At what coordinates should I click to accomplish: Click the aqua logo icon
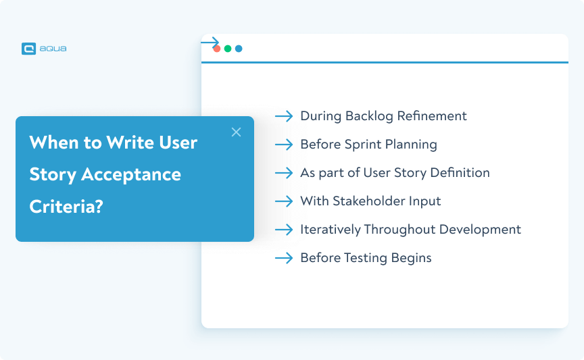click(28, 49)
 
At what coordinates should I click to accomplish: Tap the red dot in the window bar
click(217, 49)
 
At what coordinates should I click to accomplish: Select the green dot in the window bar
click(228, 49)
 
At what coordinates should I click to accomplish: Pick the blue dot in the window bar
click(239, 49)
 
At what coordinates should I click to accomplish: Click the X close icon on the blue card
click(236, 132)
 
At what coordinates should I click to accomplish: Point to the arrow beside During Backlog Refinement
click(284, 116)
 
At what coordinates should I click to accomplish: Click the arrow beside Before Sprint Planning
click(284, 145)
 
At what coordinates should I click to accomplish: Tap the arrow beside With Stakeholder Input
click(284, 201)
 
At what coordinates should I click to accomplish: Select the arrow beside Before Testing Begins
click(284, 258)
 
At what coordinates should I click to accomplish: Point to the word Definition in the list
click(460, 173)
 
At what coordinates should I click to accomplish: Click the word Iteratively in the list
click(331, 230)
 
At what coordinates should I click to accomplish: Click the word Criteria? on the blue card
click(66, 207)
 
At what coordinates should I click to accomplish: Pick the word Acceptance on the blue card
click(131, 175)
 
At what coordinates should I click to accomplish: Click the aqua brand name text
click(53, 49)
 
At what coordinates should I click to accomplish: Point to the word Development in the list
click(480, 230)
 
